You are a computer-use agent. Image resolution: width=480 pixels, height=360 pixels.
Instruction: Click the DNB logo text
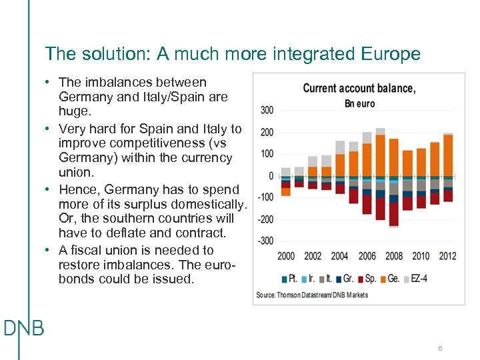[23, 328]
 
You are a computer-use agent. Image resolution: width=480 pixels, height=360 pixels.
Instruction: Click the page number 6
[441, 349]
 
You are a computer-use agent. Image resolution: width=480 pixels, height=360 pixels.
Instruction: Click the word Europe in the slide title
[388, 54]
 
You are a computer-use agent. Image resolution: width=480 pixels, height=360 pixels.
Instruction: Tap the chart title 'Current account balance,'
[359, 89]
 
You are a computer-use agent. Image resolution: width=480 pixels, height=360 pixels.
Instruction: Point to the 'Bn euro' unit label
[359, 103]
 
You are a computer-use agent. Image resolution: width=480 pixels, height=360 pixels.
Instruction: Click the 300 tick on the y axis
[266, 110]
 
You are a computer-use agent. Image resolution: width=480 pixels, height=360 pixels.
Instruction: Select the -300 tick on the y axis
[265, 241]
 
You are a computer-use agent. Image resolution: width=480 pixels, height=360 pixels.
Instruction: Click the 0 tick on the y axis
[271, 176]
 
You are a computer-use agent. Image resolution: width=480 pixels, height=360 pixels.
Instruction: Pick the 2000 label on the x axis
[286, 256]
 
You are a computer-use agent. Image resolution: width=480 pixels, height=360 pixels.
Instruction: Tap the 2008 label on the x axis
[394, 256]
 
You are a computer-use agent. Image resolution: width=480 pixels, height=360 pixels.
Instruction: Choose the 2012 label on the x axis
[448, 256]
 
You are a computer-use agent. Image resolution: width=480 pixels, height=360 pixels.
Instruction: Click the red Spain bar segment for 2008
[394, 214]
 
